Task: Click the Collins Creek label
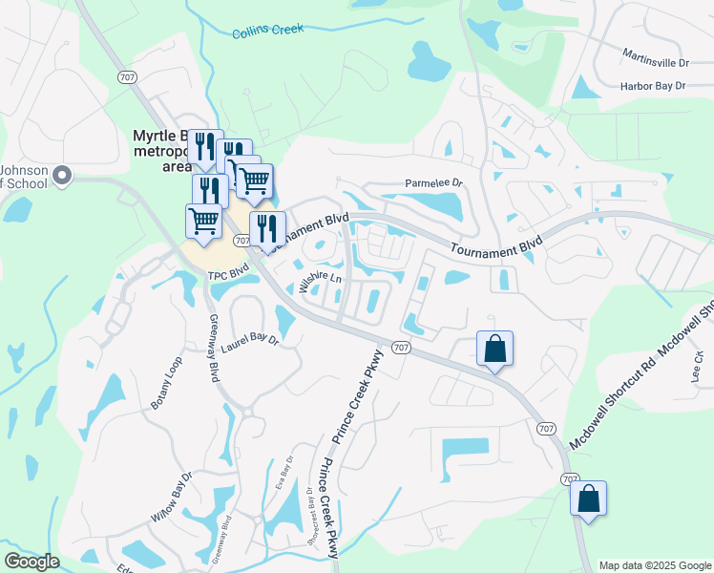(267, 31)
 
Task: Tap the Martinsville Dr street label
(655, 61)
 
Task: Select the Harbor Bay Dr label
(653, 86)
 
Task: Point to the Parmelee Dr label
(433, 182)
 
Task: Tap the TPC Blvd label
(228, 275)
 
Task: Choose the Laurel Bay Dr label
(249, 343)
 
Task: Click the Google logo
(31, 562)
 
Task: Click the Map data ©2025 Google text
(655, 565)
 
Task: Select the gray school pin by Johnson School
(63, 175)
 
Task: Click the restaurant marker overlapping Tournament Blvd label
(267, 227)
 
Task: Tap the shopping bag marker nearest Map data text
(588, 499)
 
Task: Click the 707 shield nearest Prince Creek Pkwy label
(401, 348)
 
